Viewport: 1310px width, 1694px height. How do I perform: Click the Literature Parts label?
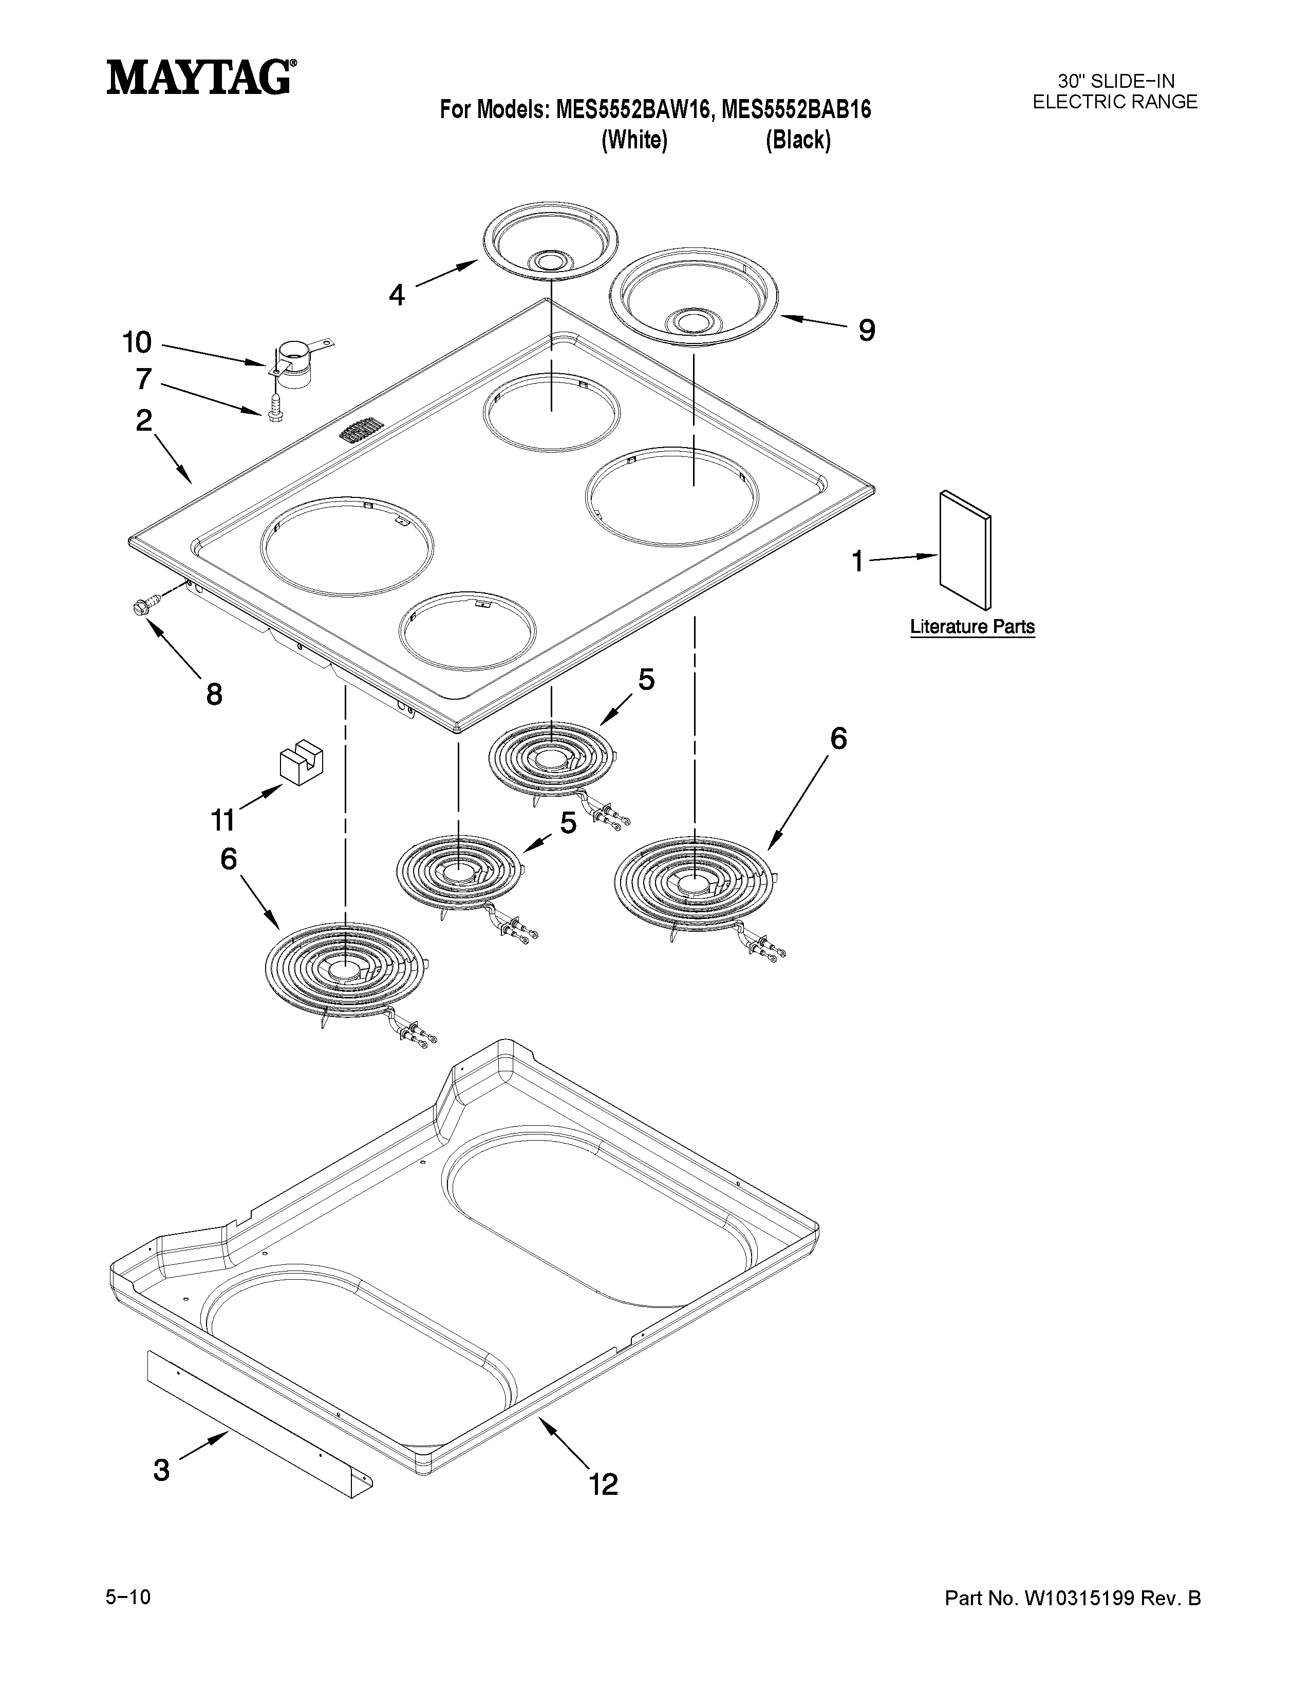971,626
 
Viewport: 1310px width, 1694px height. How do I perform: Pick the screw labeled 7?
273,411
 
